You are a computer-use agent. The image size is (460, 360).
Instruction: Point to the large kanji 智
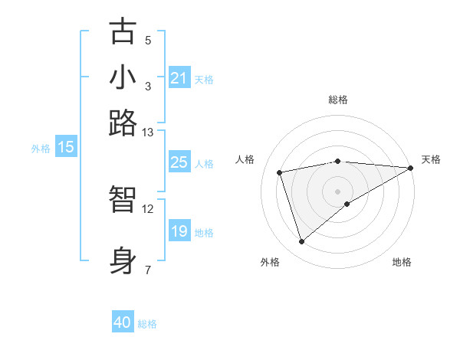pyautogui.click(x=123, y=199)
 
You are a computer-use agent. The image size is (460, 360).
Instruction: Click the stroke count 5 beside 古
pyautogui.click(x=148, y=41)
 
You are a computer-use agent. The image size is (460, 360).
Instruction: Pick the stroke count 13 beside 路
pyautogui.click(x=148, y=133)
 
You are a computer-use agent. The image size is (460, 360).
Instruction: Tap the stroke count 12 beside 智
pyautogui.click(x=148, y=208)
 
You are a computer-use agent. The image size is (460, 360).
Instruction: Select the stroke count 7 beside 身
pyautogui.click(x=148, y=270)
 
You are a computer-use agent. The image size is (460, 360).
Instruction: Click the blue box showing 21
pyautogui.click(x=179, y=78)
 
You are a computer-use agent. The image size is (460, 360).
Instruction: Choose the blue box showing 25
pyautogui.click(x=179, y=162)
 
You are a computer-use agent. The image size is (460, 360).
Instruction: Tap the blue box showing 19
pyautogui.click(x=179, y=231)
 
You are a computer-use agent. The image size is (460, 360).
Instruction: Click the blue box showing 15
pyautogui.click(x=66, y=147)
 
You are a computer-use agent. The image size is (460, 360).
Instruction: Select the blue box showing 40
pyautogui.click(x=123, y=322)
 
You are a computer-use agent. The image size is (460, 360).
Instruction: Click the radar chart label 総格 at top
pyautogui.click(x=338, y=100)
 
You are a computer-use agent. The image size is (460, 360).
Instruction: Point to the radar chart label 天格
pyautogui.click(x=431, y=159)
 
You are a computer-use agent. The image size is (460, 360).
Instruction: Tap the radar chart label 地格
pyautogui.click(x=402, y=262)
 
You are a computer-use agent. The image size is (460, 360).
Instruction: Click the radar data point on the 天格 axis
pyautogui.click(x=411, y=168)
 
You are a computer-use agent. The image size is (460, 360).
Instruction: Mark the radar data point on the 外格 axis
pyautogui.click(x=301, y=242)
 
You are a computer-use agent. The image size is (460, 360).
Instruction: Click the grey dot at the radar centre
pyautogui.click(x=338, y=191)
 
